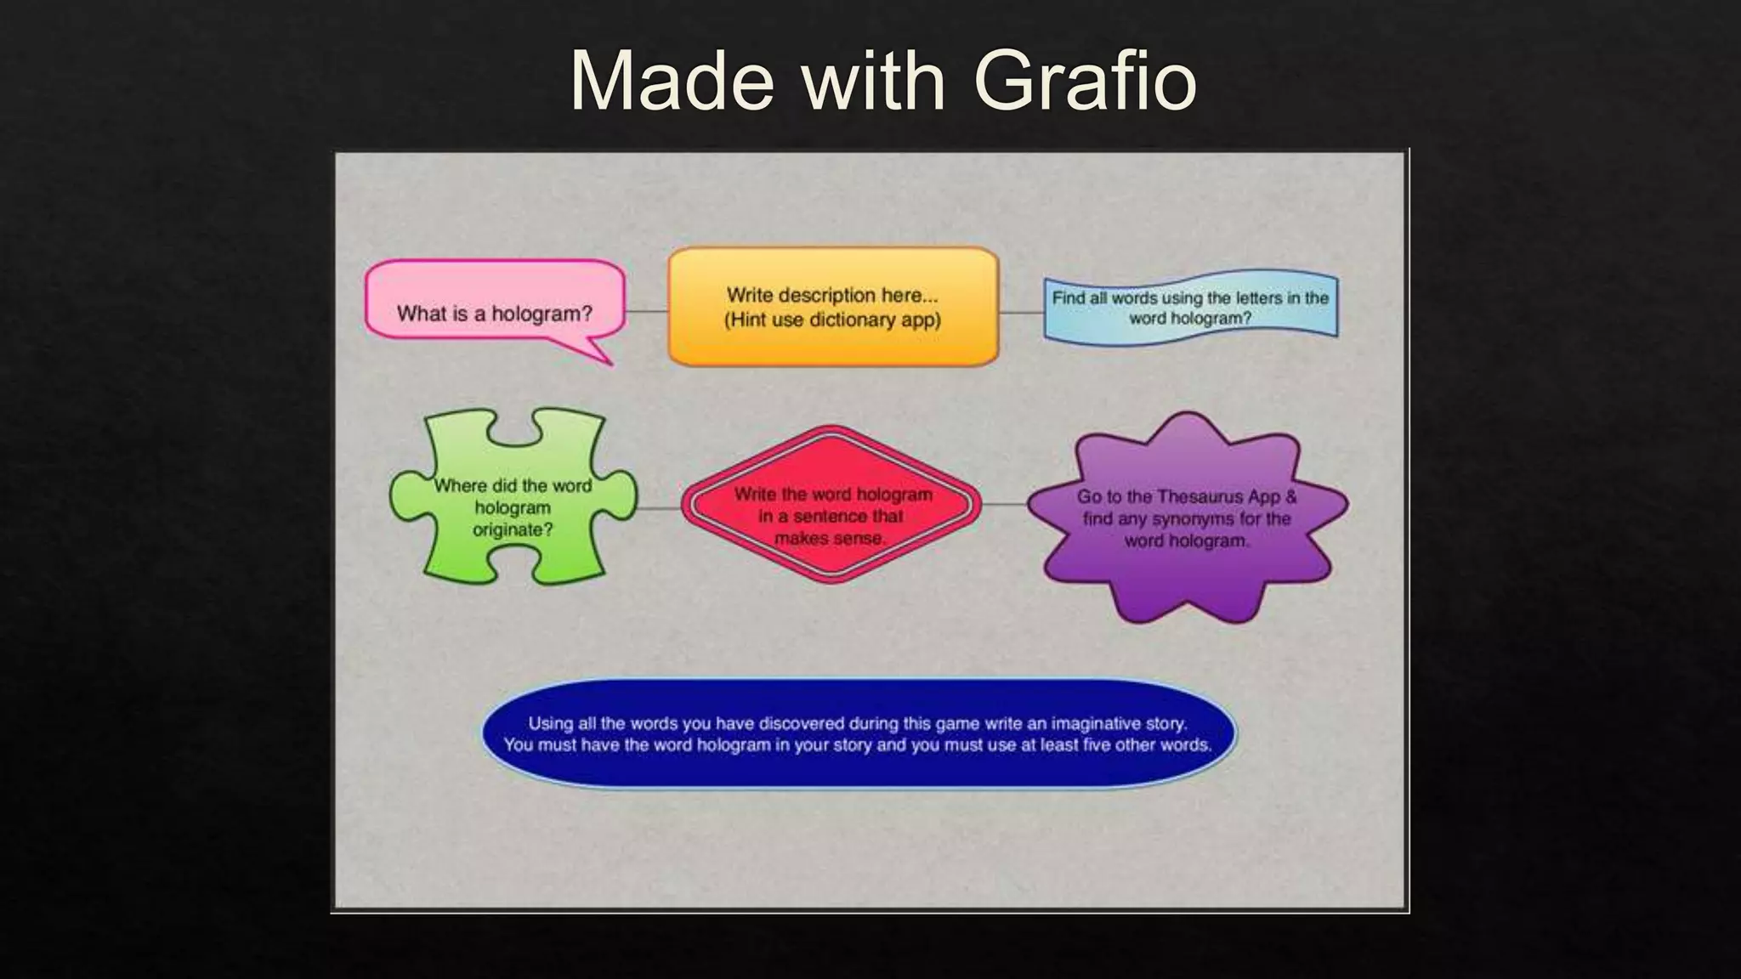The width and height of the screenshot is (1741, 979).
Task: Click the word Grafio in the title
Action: [1085, 81]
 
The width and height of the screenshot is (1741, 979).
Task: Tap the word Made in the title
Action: [672, 81]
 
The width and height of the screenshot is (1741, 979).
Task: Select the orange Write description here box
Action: [833, 307]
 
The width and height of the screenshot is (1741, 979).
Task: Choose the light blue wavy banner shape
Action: [1190, 307]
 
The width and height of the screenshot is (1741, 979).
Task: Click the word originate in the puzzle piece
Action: [513, 530]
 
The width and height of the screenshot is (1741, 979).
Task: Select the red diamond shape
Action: [831, 505]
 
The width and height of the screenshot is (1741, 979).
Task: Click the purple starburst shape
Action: [1187, 518]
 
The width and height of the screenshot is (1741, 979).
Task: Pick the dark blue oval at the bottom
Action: [859, 733]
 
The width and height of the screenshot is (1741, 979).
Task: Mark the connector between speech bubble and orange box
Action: [647, 312]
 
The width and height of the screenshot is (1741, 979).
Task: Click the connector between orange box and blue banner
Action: [1021, 312]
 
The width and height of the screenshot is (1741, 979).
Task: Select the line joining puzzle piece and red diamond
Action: [659, 508]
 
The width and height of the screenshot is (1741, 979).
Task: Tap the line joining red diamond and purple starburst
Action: [1005, 505]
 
